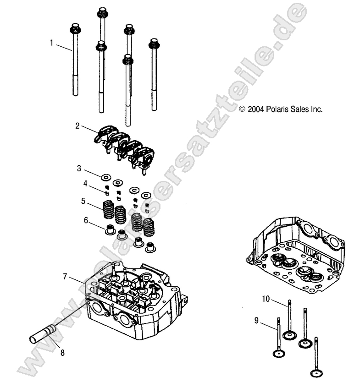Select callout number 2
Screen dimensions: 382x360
(78, 125)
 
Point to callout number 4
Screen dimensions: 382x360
(85, 185)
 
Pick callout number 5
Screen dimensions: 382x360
(83, 201)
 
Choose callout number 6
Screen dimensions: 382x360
(85, 220)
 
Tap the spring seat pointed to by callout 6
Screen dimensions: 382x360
(110, 229)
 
